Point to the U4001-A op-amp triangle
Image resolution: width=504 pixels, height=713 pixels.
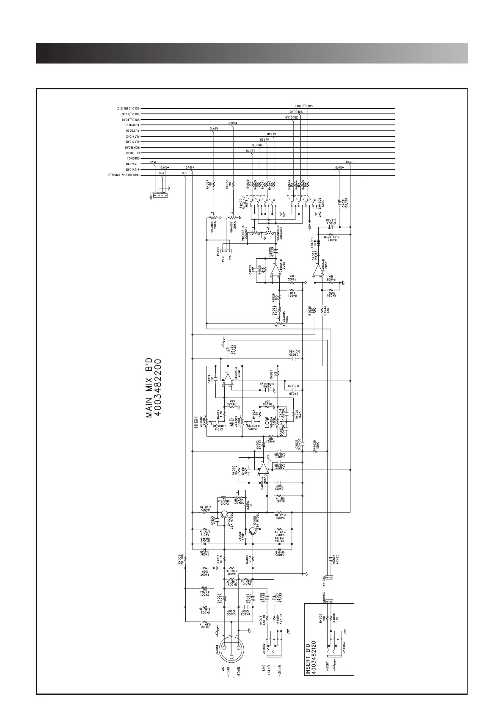coord(263,467)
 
